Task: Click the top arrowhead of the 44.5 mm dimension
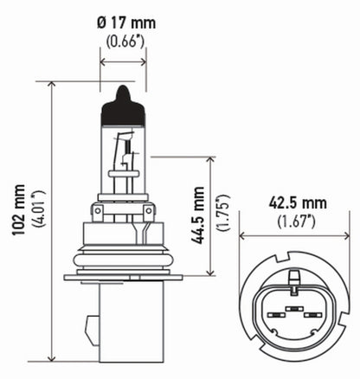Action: [213, 160]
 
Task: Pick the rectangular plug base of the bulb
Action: [121, 320]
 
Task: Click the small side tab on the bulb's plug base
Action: [92, 330]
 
